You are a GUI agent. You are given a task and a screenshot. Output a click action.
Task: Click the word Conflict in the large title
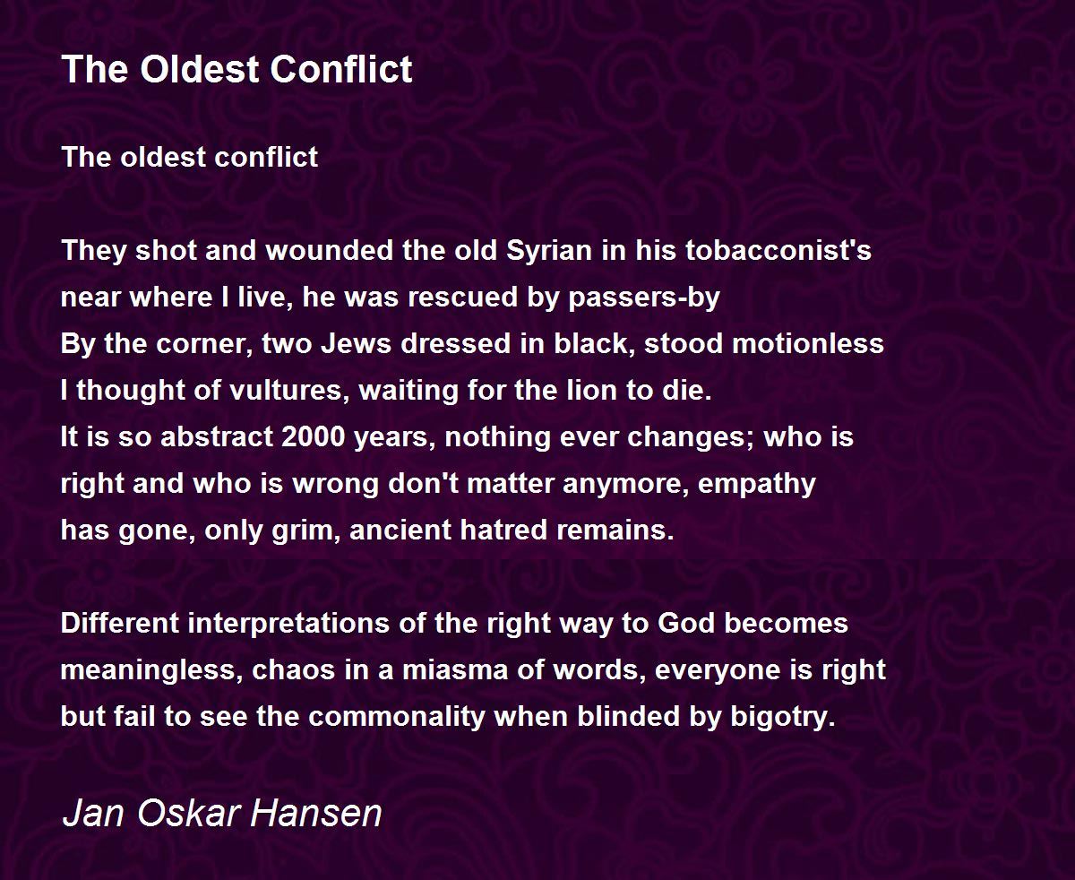[341, 69]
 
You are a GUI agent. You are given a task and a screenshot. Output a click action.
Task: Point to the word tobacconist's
[778, 250]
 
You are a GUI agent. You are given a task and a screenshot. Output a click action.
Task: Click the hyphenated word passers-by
[644, 298]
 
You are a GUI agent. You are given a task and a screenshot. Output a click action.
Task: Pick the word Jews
[356, 343]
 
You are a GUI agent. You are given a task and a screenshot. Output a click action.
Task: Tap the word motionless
[808, 343]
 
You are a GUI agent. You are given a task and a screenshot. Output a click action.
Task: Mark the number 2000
[313, 437]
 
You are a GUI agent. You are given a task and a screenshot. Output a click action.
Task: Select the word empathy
[756, 484]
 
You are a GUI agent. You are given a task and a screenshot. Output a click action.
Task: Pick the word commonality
[397, 717]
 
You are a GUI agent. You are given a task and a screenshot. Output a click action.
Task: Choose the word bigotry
[782, 717]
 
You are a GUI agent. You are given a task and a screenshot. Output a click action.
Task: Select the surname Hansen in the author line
[316, 813]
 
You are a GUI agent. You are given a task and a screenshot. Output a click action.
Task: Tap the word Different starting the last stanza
[120, 624]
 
